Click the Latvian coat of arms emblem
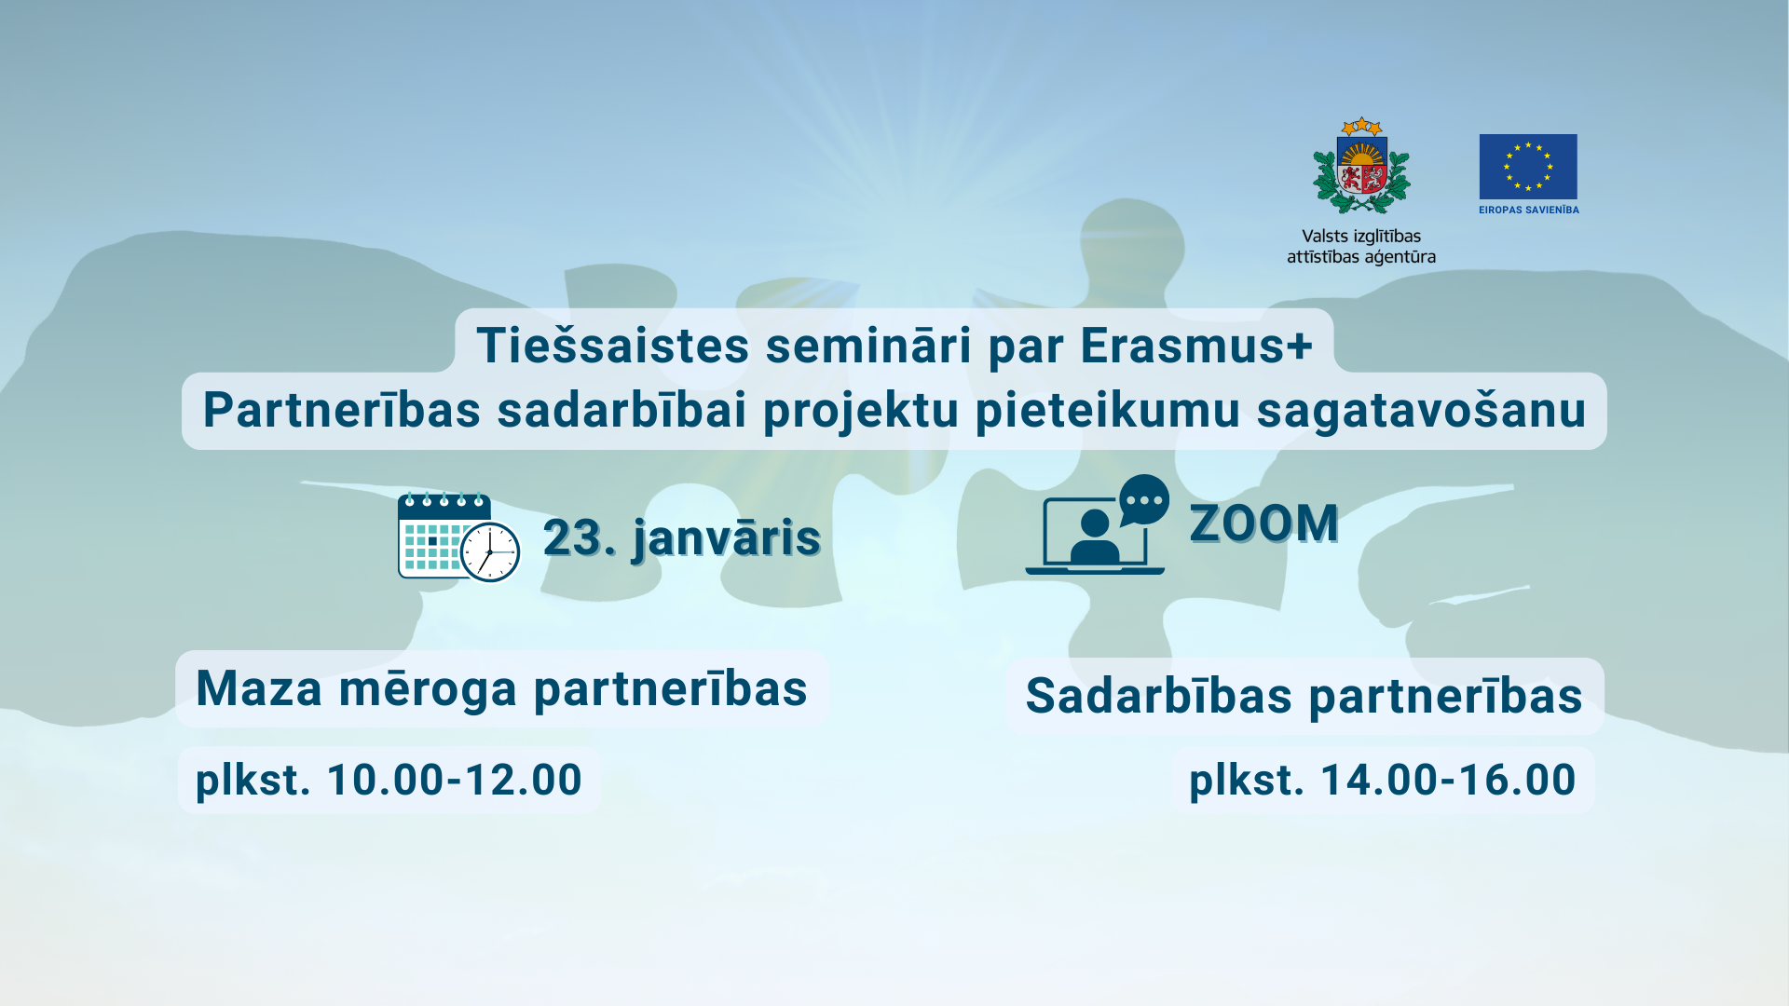pyautogui.click(x=1361, y=167)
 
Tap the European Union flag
pyautogui.click(x=1528, y=167)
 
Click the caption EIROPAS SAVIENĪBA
pyautogui.click(x=1529, y=211)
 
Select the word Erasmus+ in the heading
pyautogui.click(x=1196, y=346)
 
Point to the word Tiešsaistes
pyautogui.click(x=613, y=346)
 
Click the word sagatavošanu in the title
pyautogui.click(x=1421, y=412)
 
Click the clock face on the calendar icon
pyautogui.click(x=490, y=552)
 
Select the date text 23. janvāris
pyautogui.click(x=682, y=538)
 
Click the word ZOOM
pyautogui.click(x=1264, y=523)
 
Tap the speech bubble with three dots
pyautogui.click(x=1143, y=500)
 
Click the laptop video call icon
pyautogui.click(x=1097, y=524)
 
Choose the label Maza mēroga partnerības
pyautogui.click(x=502, y=689)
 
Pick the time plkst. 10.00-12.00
pyautogui.click(x=389, y=780)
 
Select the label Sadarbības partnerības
pyautogui.click(x=1304, y=697)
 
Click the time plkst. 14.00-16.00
pyautogui.click(x=1383, y=780)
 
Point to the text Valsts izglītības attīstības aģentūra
pyautogui.click(x=1361, y=247)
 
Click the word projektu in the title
pyautogui.click(x=861, y=412)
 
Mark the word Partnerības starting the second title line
pyautogui.click(x=341, y=412)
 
